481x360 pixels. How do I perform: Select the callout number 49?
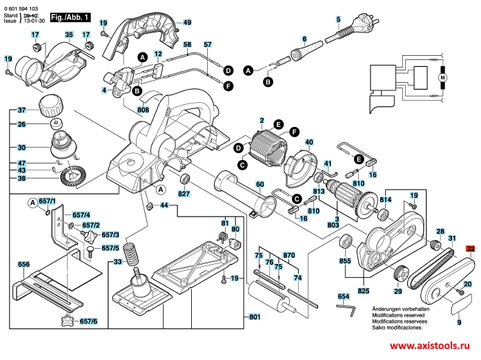pos(186,23)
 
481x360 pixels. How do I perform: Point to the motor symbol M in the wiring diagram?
pos(442,77)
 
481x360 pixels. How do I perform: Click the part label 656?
pos(23,264)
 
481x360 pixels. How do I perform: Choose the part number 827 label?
pos(184,194)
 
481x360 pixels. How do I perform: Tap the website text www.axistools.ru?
pos(433,348)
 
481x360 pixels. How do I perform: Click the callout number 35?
pos(68,34)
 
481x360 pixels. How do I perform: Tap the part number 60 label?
pos(259,184)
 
